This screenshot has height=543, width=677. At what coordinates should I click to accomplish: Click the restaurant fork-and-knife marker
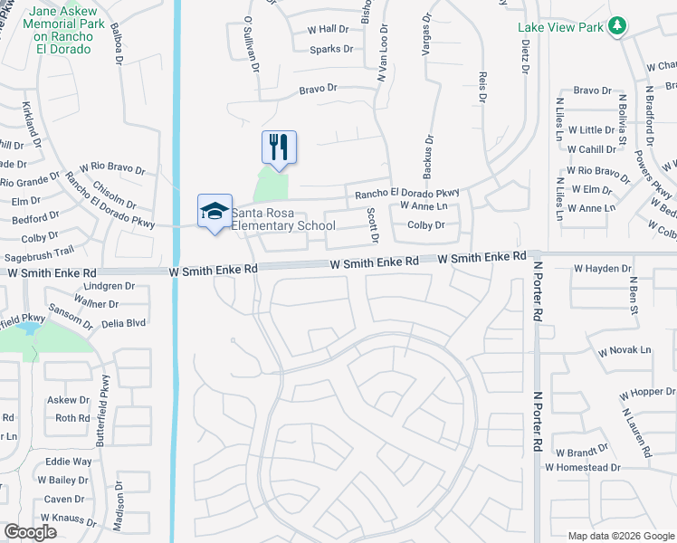[279, 148]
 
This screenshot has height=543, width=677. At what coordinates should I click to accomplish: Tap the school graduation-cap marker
[215, 212]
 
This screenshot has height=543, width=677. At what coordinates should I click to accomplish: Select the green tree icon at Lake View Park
[617, 26]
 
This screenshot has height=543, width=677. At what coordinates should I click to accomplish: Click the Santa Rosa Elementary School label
[283, 219]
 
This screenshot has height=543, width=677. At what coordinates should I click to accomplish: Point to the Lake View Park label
[560, 27]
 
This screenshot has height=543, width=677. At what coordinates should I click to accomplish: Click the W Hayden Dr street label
[601, 269]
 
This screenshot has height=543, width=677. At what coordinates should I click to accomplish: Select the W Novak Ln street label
[624, 350]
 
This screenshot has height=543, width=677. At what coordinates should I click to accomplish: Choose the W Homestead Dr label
[582, 468]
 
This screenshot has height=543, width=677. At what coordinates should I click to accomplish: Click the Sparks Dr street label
[330, 49]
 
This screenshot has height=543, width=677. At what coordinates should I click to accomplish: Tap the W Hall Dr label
[328, 30]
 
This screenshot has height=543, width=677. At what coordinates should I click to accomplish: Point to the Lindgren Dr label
[108, 286]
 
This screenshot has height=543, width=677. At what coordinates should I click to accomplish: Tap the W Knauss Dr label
[68, 519]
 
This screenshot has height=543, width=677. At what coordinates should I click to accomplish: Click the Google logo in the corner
[30, 532]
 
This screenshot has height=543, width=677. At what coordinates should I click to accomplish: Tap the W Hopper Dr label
[648, 394]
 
